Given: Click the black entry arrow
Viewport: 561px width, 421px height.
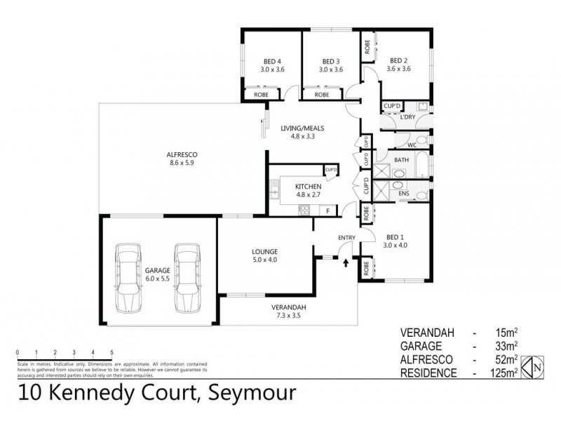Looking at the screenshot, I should tap(346, 262).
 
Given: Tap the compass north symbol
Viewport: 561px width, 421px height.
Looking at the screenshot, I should tap(536, 364).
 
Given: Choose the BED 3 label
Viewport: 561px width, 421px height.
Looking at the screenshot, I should tap(330, 60).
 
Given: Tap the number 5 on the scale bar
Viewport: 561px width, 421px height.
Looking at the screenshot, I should tap(111, 352).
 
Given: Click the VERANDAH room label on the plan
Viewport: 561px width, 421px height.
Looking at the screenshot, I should tap(289, 307).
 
